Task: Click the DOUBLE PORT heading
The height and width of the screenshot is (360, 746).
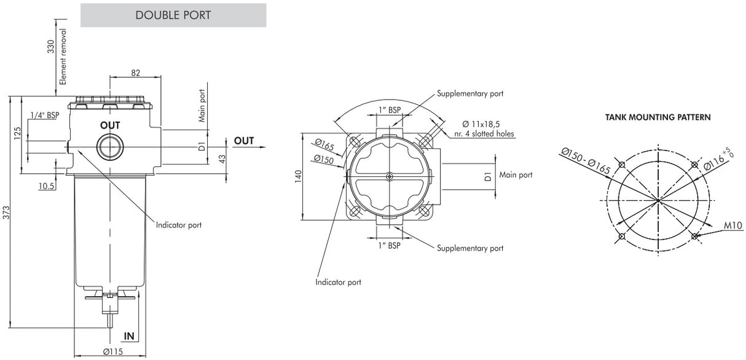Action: [x=173, y=15]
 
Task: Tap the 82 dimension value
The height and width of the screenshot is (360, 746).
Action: [x=135, y=72]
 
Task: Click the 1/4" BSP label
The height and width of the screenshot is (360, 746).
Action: [x=44, y=115]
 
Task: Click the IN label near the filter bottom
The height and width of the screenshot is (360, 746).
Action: [x=129, y=336]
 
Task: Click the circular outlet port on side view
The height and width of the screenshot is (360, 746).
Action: [x=110, y=147]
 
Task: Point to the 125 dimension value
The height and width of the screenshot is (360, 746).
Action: [x=18, y=133]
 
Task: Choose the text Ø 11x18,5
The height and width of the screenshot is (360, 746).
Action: [x=484, y=123]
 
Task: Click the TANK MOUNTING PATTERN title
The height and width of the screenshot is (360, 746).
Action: [x=658, y=117]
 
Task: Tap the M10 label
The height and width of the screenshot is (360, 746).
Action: [x=733, y=226]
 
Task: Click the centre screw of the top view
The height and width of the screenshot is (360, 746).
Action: [x=388, y=176]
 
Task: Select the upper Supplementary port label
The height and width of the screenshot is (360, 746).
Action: [x=470, y=94]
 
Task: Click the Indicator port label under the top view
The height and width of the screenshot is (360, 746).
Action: [x=338, y=282]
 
